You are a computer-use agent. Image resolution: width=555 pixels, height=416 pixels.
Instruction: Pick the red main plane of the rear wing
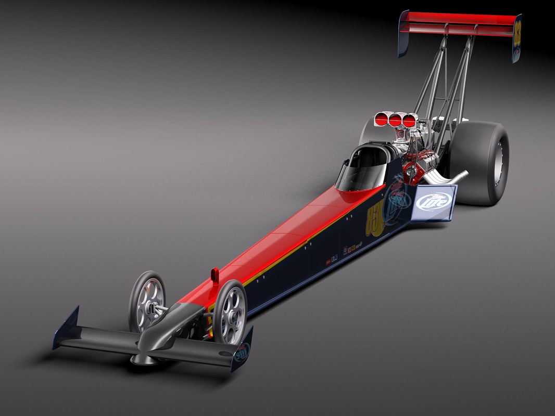pyautogui.click(x=458, y=24)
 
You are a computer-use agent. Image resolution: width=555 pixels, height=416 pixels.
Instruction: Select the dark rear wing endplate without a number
pyautogui.click(x=403, y=33)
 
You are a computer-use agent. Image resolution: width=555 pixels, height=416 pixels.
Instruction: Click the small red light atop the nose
pyautogui.click(x=215, y=275)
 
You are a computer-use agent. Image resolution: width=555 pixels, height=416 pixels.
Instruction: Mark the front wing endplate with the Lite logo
pyautogui.click(x=242, y=351)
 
